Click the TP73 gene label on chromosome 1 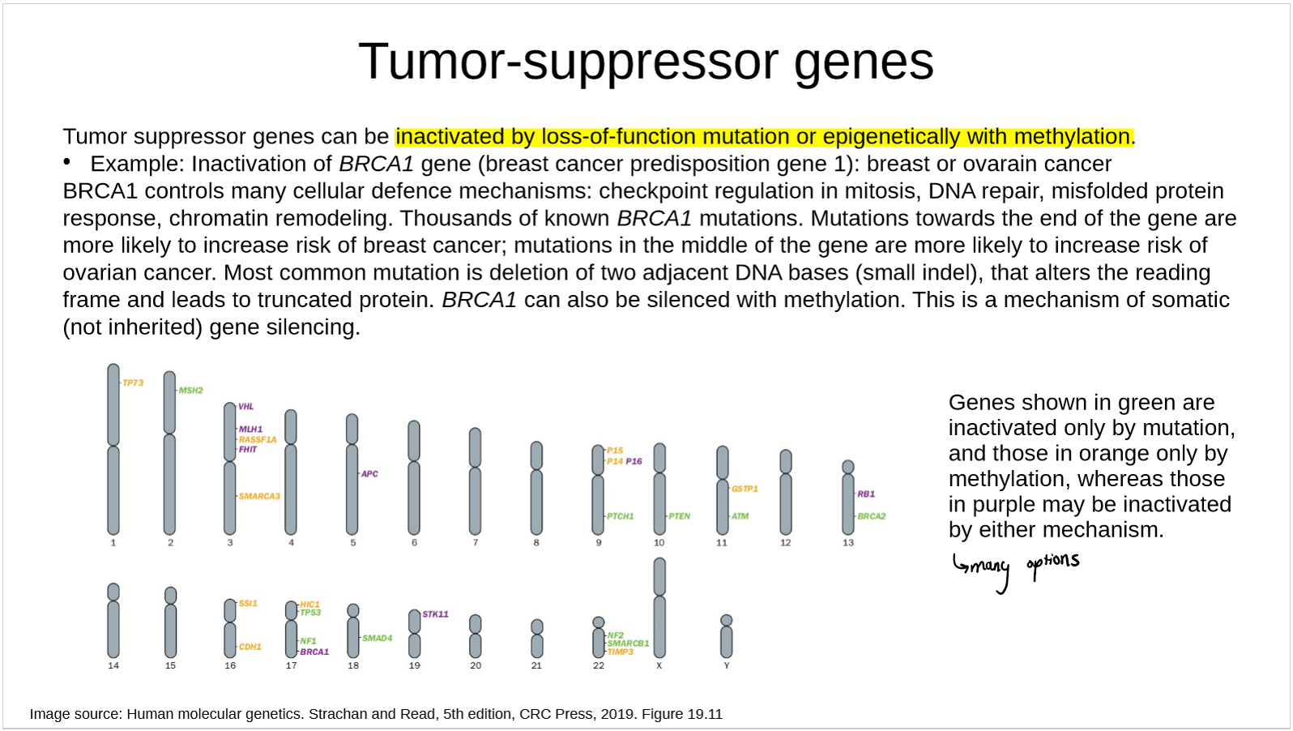pyautogui.click(x=133, y=383)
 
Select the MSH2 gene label pyautogui.click(x=190, y=391)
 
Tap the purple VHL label pyautogui.click(x=246, y=407)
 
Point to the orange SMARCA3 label pyautogui.click(x=259, y=496)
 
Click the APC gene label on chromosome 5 pyautogui.click(x=369, y=474)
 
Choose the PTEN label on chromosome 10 pyautogui.click(x=680, y=516)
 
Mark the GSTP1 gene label pyautogui.click(x=745, y=489)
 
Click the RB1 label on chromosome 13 pyautogui.click(x=866, y=494)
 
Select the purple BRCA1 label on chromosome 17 pyautogui.click(x=314, y=652)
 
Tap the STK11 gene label pyautogui.click(x=435, y=614)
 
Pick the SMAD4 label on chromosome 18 pyautogui.click(x=378, y=638)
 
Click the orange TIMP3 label pyautogui.click(x=621, y=652)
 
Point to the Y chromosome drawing pyautogui.click(x=727, y=636)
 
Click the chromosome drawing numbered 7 pyautogui.click(x=475, y=481)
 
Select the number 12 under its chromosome pyautogui.click(x=786, y=543)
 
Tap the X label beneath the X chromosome pyautogui.click(x=659, y=665)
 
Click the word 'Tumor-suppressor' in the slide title pyautogui.click(x=570, y=62)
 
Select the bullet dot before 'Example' pyautogui.click(x=67, y=162)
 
